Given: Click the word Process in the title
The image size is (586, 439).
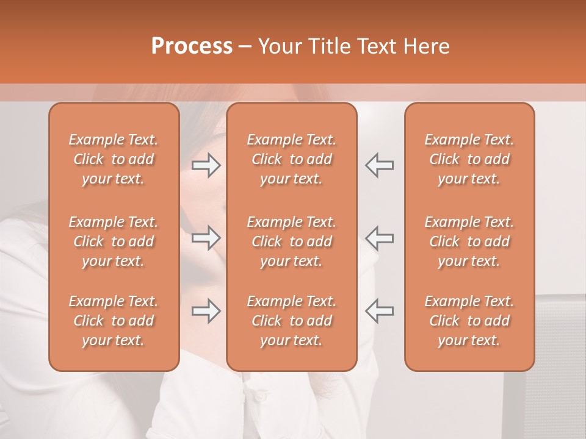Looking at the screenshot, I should pos(192,46).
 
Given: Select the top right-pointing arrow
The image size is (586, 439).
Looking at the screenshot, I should pos(206,165).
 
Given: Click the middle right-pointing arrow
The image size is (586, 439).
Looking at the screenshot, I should pos(206,238).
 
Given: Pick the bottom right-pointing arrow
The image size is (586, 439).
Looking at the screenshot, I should pos(206,311).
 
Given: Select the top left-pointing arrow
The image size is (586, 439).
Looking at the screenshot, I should pos(380,165).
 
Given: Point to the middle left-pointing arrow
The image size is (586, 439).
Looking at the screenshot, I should pos(380,238).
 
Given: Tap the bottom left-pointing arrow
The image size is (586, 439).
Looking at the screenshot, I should pos(380,311).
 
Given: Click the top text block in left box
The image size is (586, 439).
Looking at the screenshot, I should pos(114,159).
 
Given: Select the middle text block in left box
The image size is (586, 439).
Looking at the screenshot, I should pos(114,241).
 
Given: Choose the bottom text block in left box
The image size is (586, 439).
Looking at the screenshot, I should pos(114,321).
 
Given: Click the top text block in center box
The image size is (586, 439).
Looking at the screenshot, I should pos(292,159).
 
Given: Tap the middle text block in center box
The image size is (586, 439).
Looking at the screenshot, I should pos(292,241).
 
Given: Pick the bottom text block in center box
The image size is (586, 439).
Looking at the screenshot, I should pos(292,321).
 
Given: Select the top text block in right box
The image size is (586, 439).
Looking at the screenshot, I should pos(469,159).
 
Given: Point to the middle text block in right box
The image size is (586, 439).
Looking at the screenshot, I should pos(469,241).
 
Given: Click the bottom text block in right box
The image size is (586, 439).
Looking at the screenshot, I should pos(469,321).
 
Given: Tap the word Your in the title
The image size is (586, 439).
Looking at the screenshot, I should pos(278,46).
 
